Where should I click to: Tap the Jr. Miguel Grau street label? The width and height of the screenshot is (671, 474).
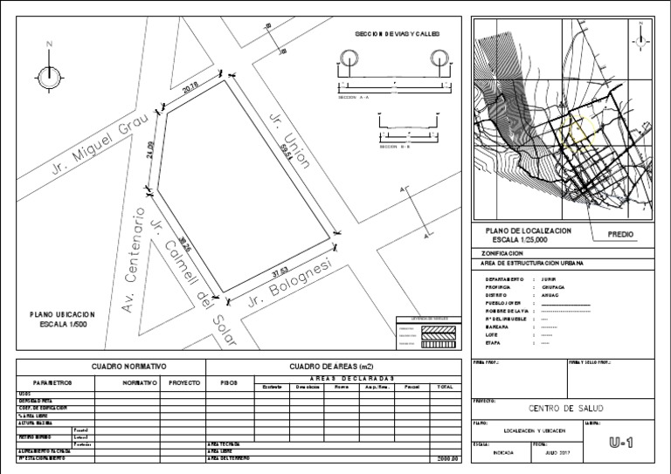97,139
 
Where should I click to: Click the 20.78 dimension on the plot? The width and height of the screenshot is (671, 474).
190,87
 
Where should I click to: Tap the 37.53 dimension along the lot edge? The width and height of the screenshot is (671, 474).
282,267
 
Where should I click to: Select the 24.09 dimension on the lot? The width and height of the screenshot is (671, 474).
150,149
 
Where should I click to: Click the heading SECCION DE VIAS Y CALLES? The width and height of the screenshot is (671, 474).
397,33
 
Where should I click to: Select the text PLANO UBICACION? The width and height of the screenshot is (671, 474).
62,314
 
